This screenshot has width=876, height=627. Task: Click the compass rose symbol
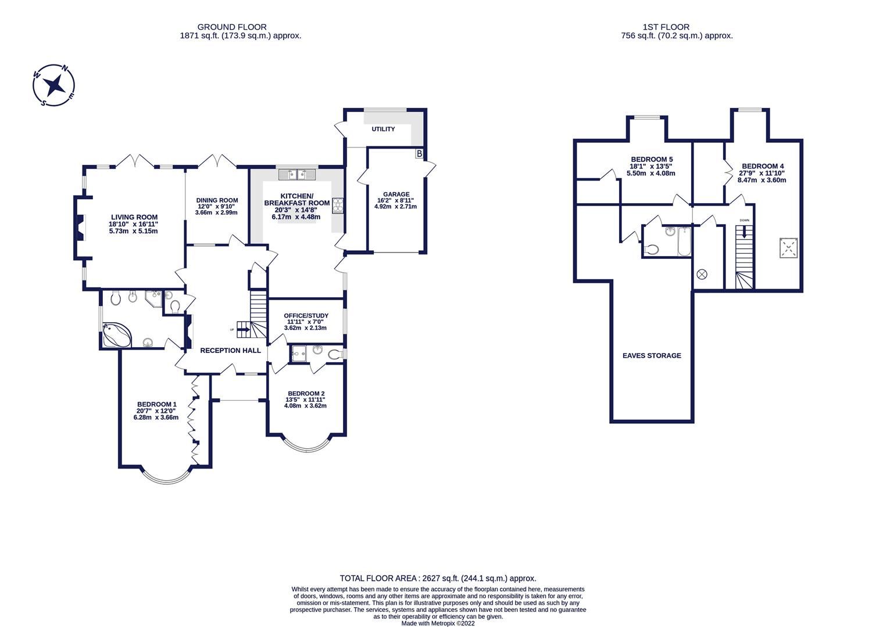(54, 86)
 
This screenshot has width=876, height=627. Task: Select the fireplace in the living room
(81, 227)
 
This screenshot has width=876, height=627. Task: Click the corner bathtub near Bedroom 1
(116, 336)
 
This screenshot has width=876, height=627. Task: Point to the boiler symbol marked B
(419, 154)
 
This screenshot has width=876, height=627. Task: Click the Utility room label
(383, 129)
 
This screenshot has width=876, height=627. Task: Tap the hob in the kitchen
(338, 206)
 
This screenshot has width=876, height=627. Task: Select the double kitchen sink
(296, 174)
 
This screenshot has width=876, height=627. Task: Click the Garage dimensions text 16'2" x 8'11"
(395, 200)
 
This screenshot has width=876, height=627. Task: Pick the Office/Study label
(306, 316)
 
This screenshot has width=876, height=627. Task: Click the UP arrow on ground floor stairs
(243, 330)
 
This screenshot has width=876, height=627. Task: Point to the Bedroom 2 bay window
(306, 446)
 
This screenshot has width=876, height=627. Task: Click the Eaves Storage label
(652, 355)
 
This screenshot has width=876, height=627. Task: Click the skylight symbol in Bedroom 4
(788, 248)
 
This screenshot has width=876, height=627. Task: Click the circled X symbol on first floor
(702, 273)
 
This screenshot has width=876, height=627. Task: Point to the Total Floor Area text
(438, 578)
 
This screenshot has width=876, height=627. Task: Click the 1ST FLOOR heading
(666, 27)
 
